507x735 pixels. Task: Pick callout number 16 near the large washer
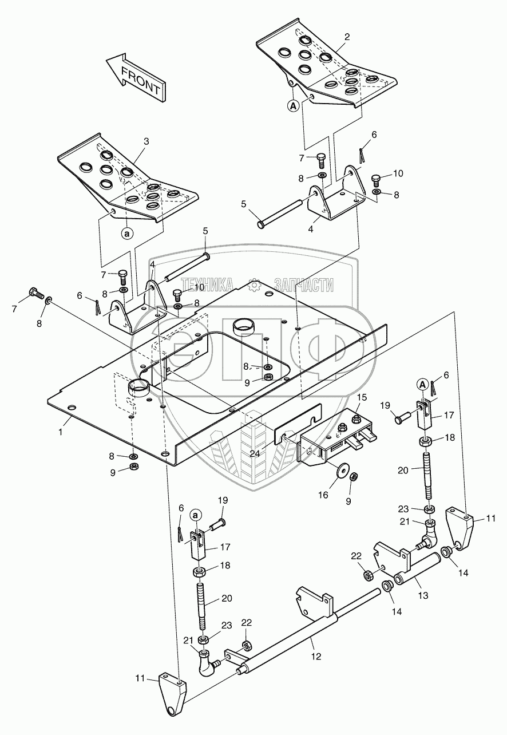tap(324, 494)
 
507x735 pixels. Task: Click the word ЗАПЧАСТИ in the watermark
tap(304, 284)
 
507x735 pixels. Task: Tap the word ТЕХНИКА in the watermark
tap(207, 284)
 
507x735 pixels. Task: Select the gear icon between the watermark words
tap(255, 283)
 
